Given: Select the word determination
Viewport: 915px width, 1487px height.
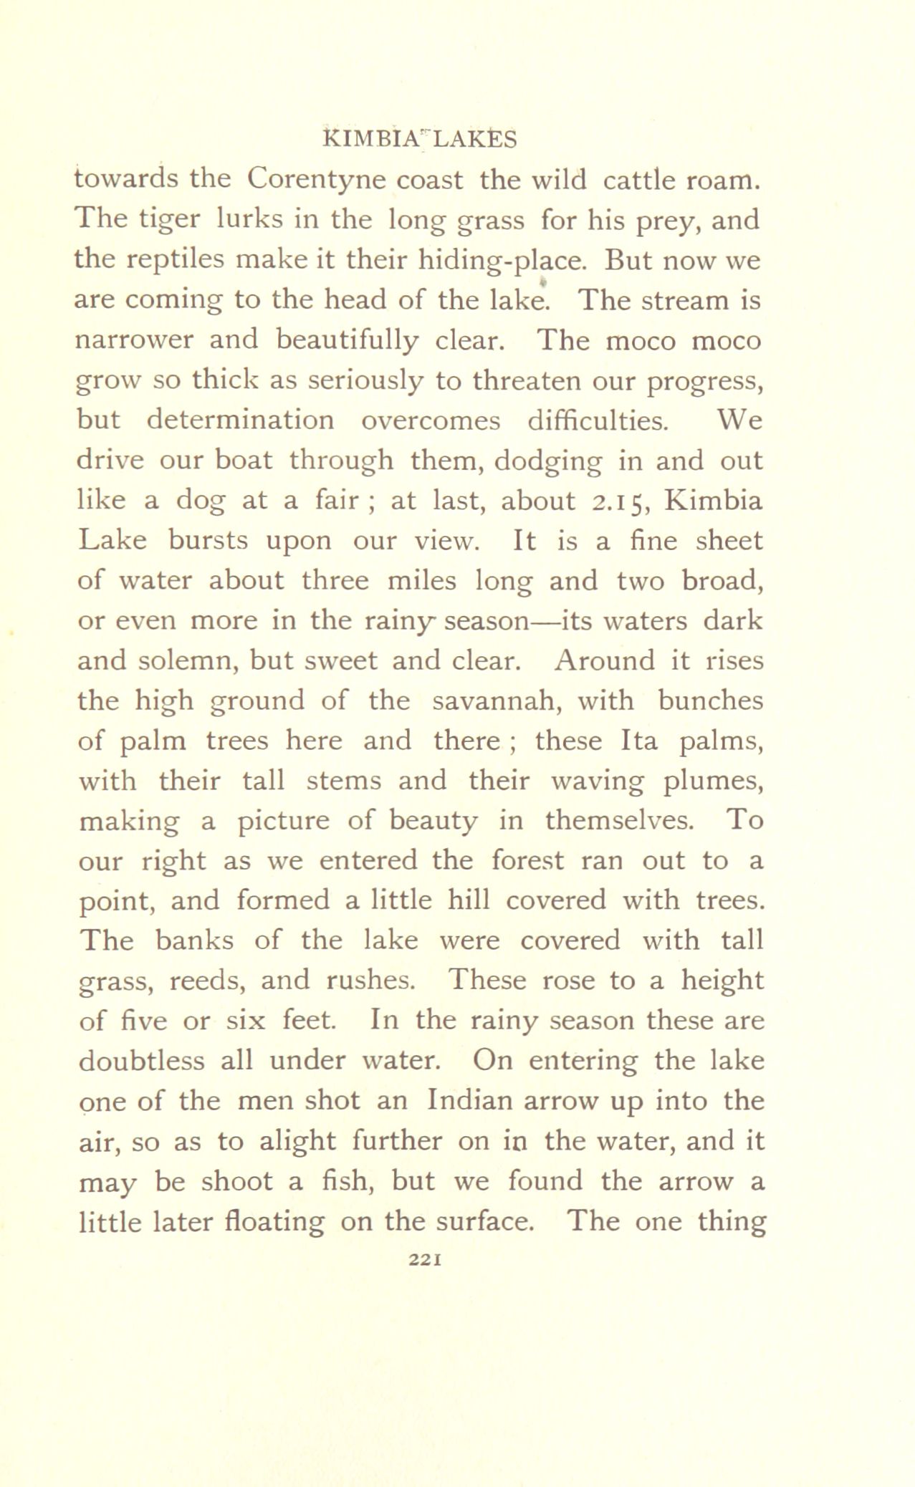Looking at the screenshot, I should click(x=240, y=420).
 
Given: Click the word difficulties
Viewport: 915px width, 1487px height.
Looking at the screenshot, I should click(x=598, y=420).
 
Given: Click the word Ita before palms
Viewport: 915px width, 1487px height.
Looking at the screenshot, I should click(x=638, y=741).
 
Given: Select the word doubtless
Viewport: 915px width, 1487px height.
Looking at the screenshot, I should click(x=140, y=1061).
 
